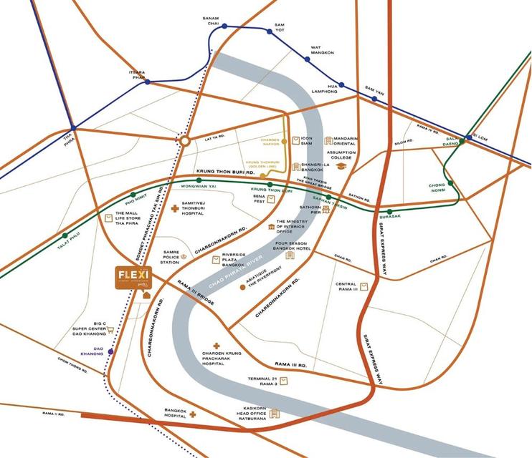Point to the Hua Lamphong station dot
342,85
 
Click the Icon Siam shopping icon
292,140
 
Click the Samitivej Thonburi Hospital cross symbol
174,208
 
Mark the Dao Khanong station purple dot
110,352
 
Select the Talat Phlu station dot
65,235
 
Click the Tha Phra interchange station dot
72,128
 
